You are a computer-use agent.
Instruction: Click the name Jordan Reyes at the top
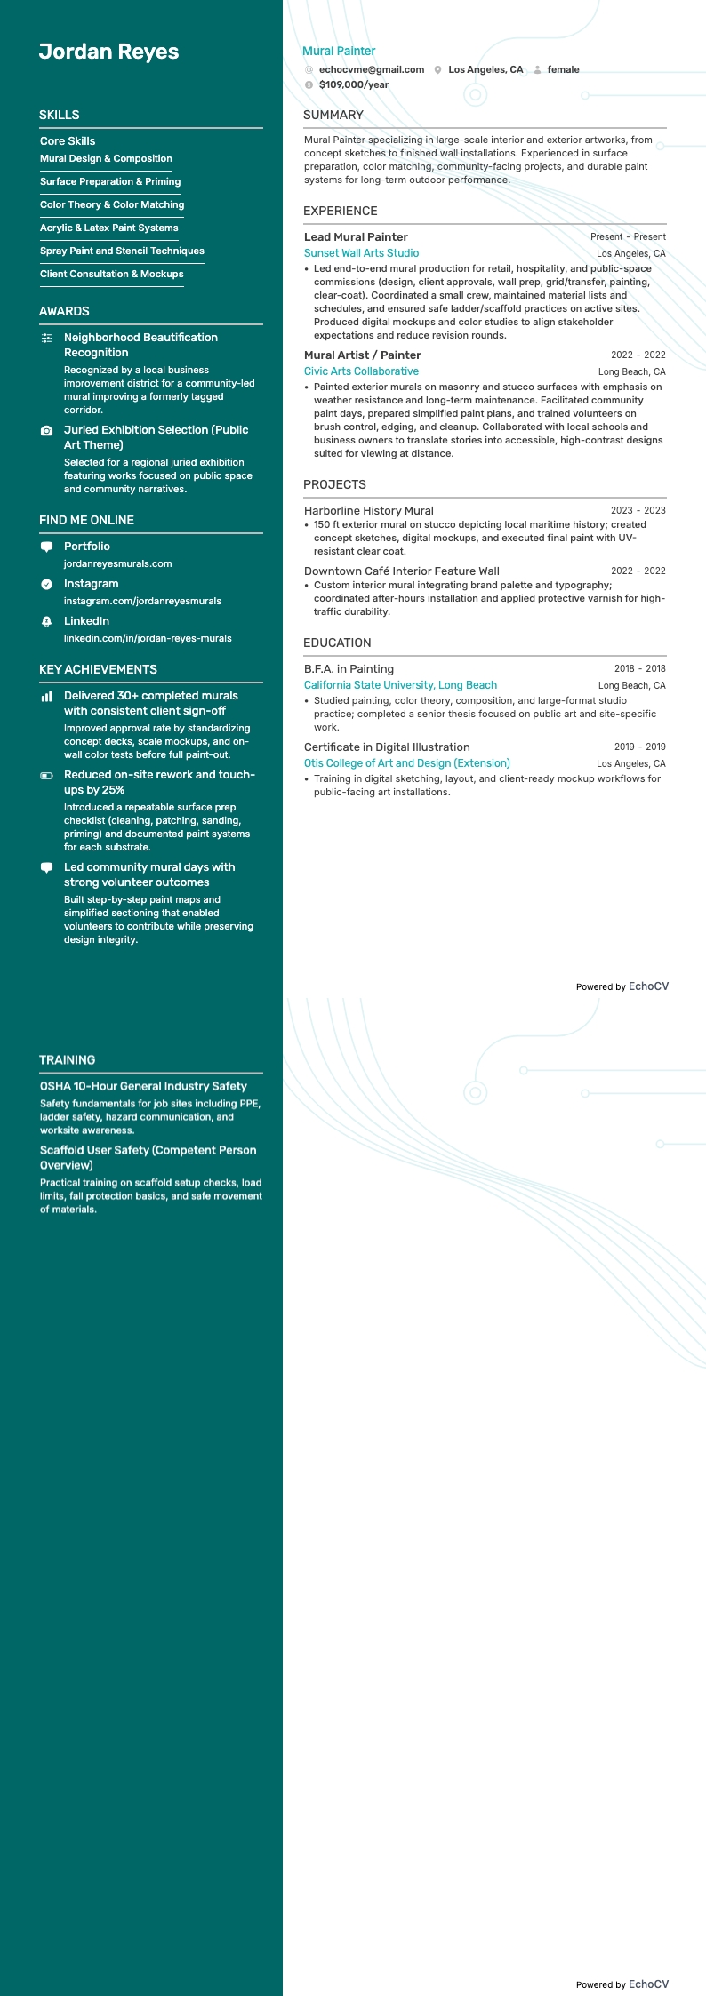pyautogui.click(x=108, y=52)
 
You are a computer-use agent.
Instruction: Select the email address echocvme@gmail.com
pyautogui.click(x=371, y=69)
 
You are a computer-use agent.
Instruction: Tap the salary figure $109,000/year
pyautogui.click(x=353, y=84)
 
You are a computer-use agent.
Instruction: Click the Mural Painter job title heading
pyautogui.click(x=339, y=51)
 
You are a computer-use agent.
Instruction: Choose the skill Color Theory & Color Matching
pyautogui.click(x=112, y=204)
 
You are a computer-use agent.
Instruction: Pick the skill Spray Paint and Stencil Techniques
pyautogui.click(x=122, y=251)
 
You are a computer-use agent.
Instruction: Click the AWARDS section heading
pyautogui.click(x=64, y=311)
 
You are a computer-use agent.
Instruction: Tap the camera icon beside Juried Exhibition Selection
pyautogui.click(x=47, y=430)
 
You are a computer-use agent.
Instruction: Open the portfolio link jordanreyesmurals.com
pyautogui.click(x=117, y=563)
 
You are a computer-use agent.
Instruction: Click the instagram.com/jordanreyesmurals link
pyautogui.click(x=142, y=601)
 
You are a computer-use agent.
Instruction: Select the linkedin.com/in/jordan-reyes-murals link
pyautogui.click(x=148, y=638)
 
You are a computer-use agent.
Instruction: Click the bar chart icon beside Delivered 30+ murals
pyautogui.click(x=47, y=697)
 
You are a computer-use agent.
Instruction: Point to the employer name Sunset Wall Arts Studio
pyautogui.click(x=361, y=253)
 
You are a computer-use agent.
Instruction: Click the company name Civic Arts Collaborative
pyautogui.click(x=361, y=371)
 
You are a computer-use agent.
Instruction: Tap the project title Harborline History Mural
pyautogui.click(x=368, y=511)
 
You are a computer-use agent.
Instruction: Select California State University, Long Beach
pyautogui.click(x=400, y=685)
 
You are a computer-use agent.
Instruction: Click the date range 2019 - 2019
pyautogui.click(x=639, y=747)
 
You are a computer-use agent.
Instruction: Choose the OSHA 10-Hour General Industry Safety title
pyautogui.click(x=143, y=1086)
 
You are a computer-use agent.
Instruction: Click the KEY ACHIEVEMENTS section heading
pyautogui.click(x=98, y=669)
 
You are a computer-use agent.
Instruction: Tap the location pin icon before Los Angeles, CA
pyautogui.click(x=438, y=69)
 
